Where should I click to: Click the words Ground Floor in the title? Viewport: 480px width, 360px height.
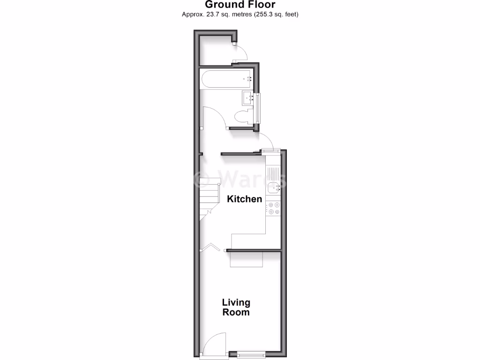pos(240,5)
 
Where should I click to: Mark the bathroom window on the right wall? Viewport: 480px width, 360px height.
pos(258,108)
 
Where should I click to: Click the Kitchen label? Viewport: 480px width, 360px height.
pos(244,199)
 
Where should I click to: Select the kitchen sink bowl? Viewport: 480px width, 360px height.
pos(272,188)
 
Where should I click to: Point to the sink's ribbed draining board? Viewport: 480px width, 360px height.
pos(272,173)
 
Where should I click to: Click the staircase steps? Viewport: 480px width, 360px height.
pos(209,197)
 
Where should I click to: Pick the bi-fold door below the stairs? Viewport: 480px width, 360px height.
pos(210,247)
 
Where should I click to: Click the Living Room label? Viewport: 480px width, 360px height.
pos(236,307)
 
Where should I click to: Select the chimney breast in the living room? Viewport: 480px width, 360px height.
pos(247,259)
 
